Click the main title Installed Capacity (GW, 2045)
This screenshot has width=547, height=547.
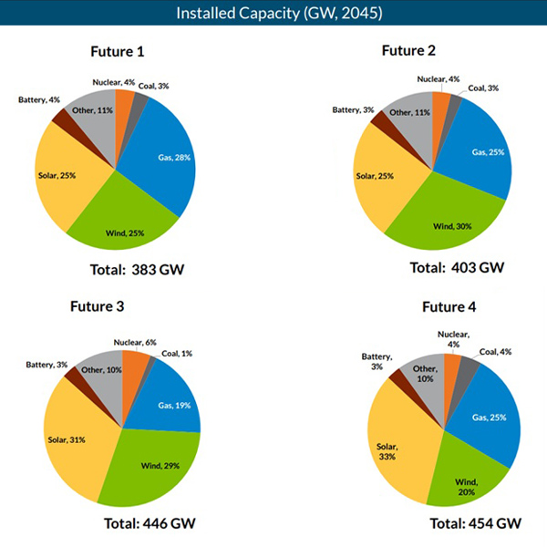click(273, 13)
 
